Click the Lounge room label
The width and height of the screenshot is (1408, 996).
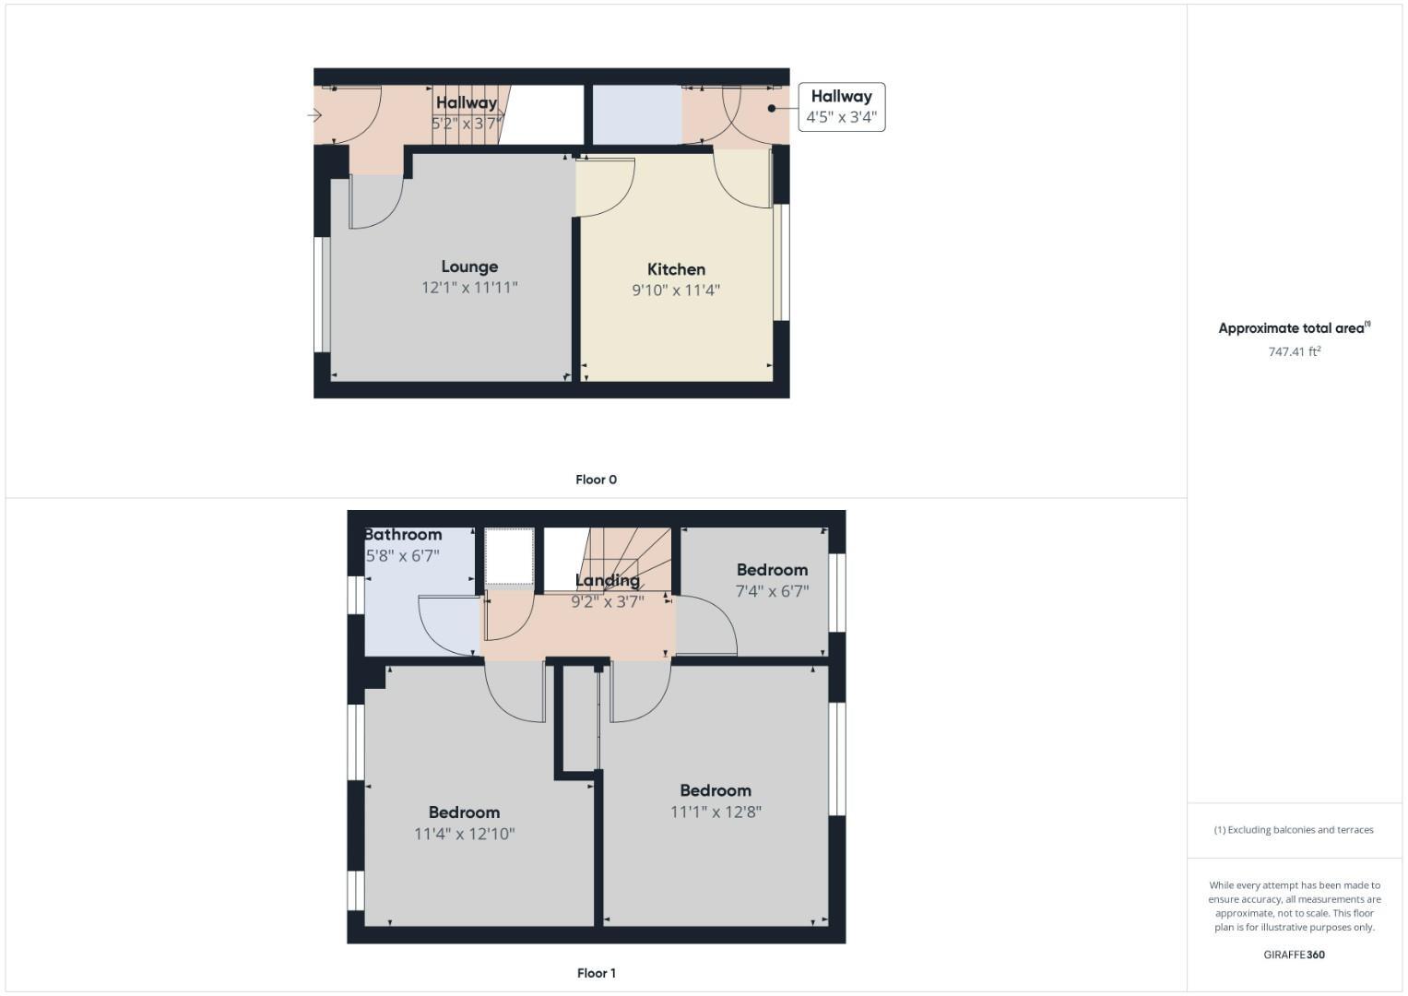[469, 267]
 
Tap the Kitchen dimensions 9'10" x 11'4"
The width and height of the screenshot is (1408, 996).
[676, 290]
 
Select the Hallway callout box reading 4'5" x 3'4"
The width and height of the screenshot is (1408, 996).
[841, 107]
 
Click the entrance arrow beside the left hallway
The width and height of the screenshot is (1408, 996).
[314, 115]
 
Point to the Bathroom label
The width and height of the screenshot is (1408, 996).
[403, 535]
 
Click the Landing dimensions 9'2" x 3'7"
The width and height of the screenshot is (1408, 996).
[607, 602]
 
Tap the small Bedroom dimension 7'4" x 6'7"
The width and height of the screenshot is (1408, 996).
[772, 591]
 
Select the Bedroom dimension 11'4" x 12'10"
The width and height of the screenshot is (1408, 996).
[464, 834]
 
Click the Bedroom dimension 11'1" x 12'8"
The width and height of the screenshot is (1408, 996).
[716, 812]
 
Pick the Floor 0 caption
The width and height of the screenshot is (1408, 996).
[596, 480]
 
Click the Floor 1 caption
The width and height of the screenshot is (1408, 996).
[596, 973]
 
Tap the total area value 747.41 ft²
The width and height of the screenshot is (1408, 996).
[1294, 351]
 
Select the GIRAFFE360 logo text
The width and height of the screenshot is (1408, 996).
[1294, 954]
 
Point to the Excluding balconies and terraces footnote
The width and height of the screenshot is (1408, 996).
[1294, 830]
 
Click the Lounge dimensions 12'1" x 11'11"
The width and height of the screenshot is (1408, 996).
[469, 288]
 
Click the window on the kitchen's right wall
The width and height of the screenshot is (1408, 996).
[782, 262]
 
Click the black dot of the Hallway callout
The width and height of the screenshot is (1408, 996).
[772, 108]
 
